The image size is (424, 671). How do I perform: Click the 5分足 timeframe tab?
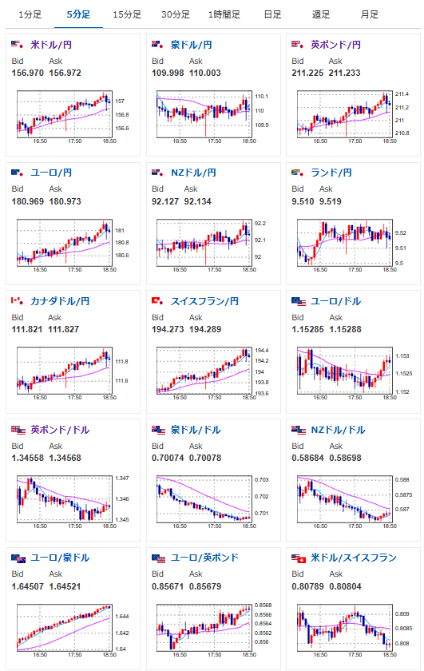79,14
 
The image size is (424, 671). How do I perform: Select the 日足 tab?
272,14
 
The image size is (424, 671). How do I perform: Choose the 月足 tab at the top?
369,14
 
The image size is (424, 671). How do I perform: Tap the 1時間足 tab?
224,14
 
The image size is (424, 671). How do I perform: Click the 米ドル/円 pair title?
51,45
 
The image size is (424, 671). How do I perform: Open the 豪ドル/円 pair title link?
192,45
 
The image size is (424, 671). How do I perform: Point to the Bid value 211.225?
307,73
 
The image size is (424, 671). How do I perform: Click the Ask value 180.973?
65,201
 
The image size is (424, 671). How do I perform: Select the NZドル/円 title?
193,173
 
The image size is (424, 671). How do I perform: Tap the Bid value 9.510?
303,201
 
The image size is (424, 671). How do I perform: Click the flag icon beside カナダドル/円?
18,301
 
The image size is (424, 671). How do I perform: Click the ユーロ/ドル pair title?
336,301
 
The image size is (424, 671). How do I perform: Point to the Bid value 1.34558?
28,458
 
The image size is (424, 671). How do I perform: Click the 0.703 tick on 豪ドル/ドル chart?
262,480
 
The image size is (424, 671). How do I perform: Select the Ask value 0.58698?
345,458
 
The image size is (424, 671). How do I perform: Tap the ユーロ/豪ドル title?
60,558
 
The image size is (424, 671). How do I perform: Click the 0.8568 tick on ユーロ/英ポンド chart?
264,605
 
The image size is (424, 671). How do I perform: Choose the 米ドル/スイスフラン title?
354,558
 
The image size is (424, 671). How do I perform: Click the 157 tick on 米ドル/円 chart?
120,101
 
